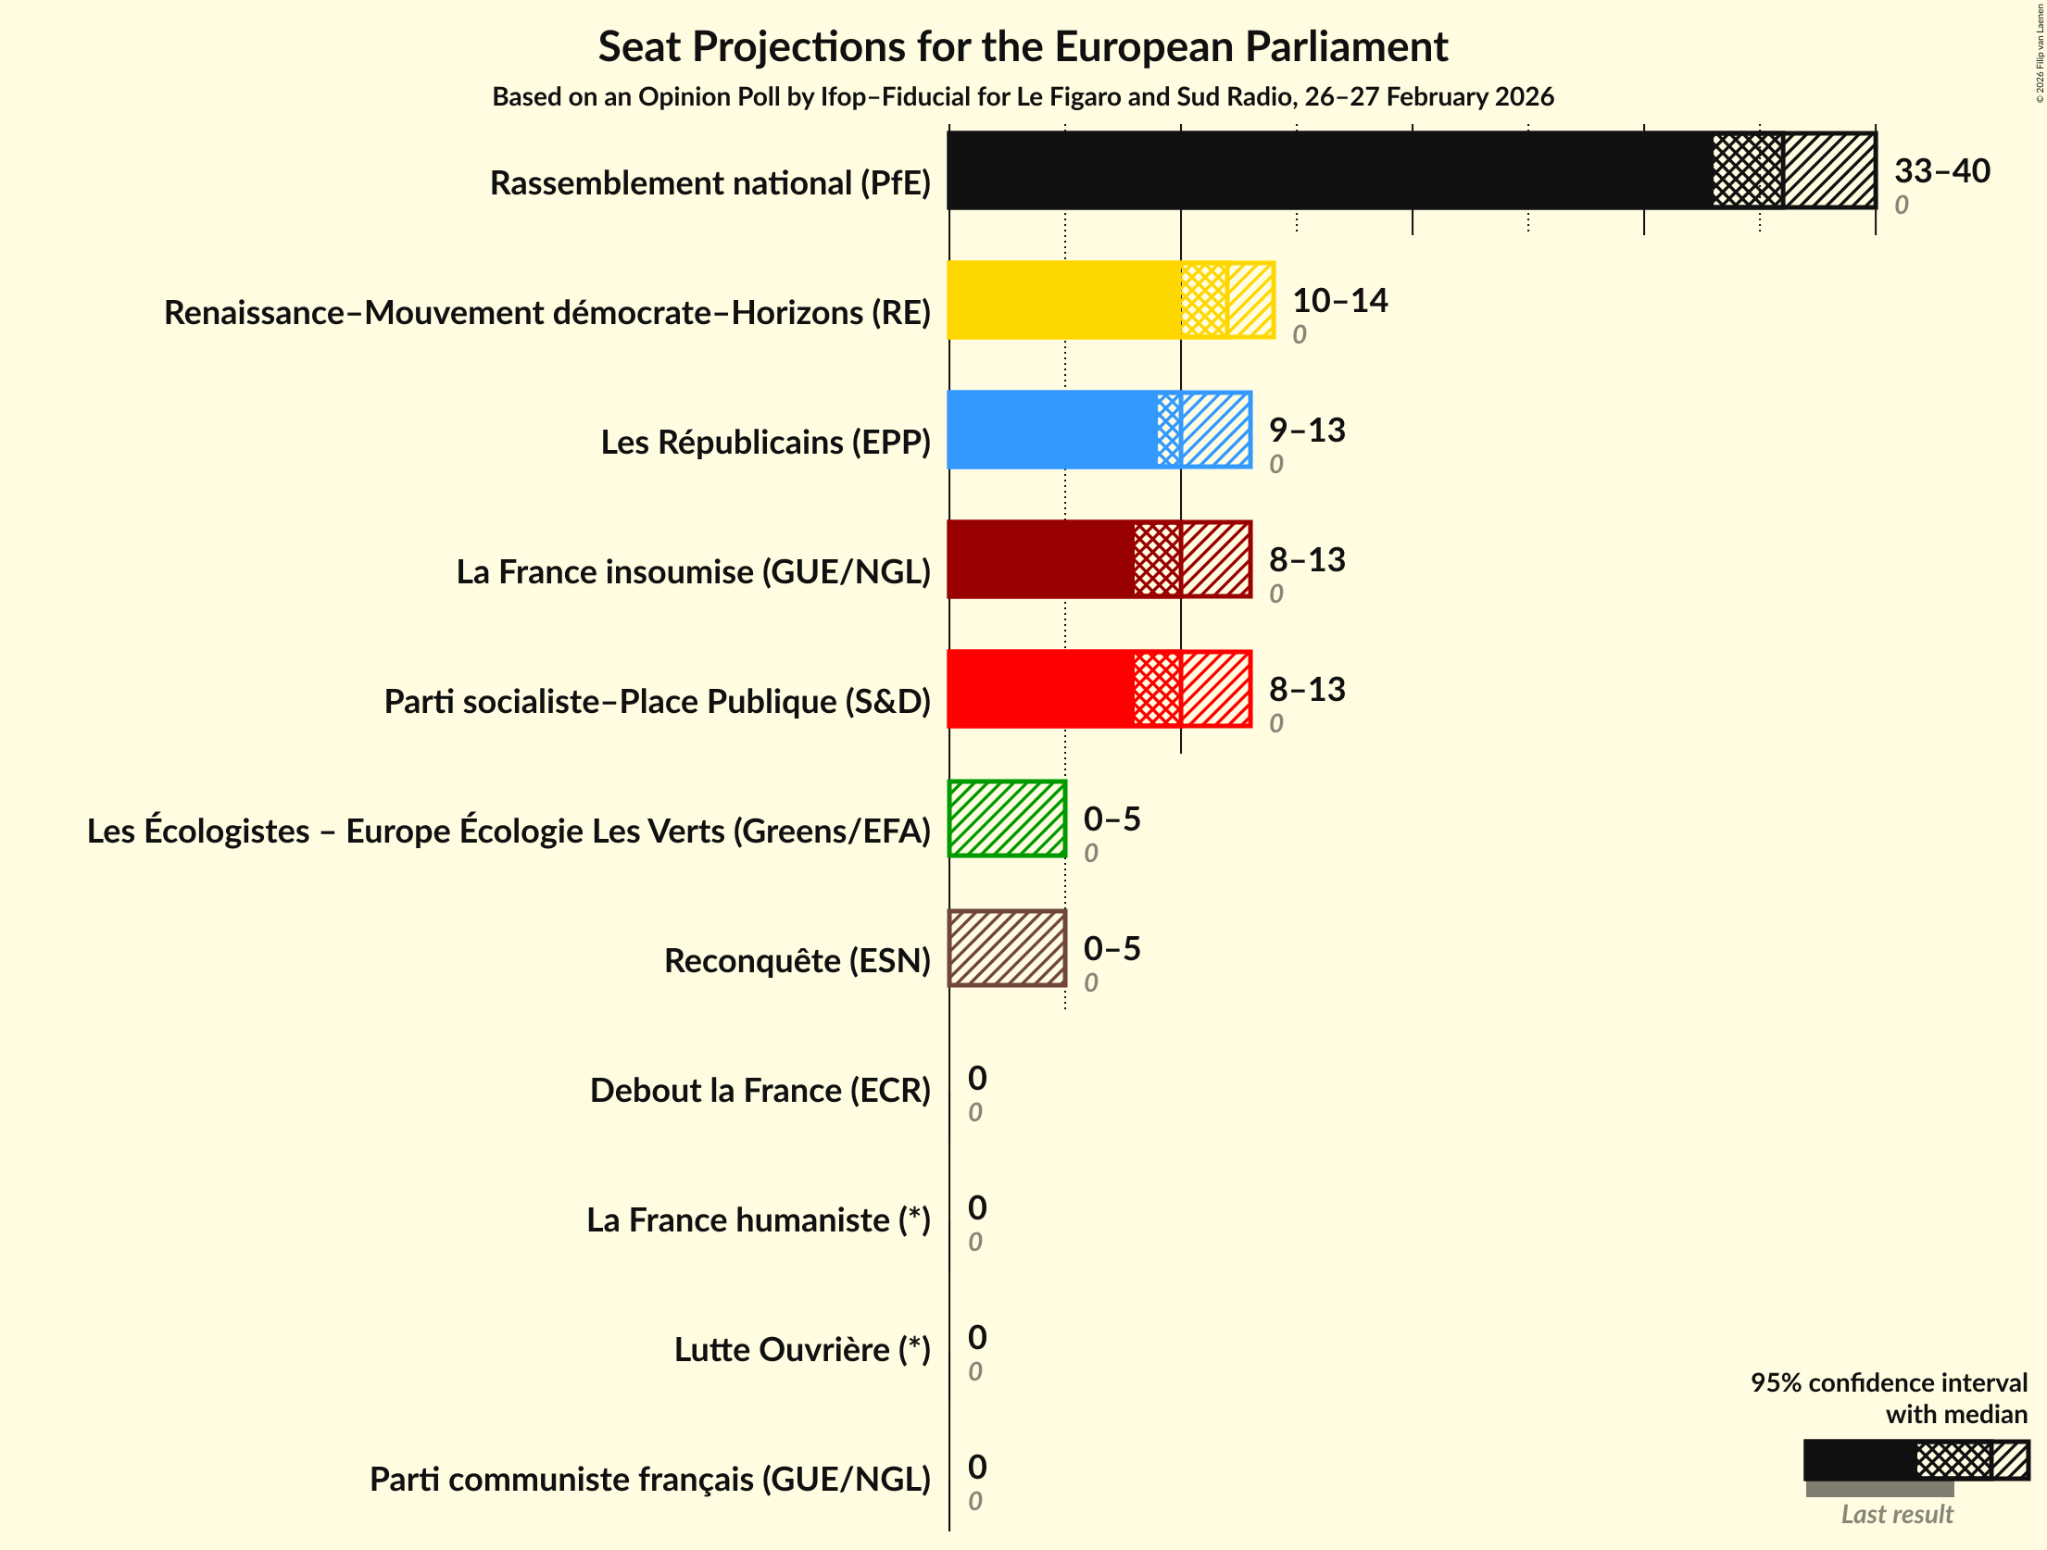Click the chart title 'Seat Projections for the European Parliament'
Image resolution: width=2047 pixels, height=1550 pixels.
pos(1023,46)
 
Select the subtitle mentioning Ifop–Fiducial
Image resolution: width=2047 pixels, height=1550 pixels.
pos(1023,96)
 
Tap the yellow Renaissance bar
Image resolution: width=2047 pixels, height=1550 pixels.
pos(1063,300)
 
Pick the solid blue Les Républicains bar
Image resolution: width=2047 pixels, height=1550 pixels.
pos(1052,430)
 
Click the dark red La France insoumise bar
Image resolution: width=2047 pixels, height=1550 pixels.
pos(1040,559)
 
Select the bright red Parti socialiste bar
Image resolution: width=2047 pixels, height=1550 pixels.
pos(1040,689)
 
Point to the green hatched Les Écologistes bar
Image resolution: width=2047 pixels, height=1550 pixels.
pos(1007,819)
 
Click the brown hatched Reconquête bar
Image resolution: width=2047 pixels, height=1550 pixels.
pos(1007,948)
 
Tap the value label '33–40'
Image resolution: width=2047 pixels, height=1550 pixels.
pos(1941,170)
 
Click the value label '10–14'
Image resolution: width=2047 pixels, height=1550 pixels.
pos(1339,300)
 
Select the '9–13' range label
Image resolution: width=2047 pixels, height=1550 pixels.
pos(1306,430)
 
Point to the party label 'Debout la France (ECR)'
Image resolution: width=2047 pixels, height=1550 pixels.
pos(760,1091)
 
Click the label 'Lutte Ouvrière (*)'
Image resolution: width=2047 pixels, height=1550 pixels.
pos(801,1350)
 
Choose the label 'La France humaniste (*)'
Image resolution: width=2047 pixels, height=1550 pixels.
pos(758,1220)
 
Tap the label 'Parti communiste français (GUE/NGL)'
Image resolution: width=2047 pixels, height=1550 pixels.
pos(649,1480)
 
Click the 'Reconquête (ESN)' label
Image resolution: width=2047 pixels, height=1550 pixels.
pos(797,961)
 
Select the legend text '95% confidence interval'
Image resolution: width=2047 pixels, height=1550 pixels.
pos(1888,1382)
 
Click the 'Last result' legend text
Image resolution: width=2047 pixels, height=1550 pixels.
pos(1896,1514)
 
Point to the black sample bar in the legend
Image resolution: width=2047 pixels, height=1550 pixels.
pos(1859,1460)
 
